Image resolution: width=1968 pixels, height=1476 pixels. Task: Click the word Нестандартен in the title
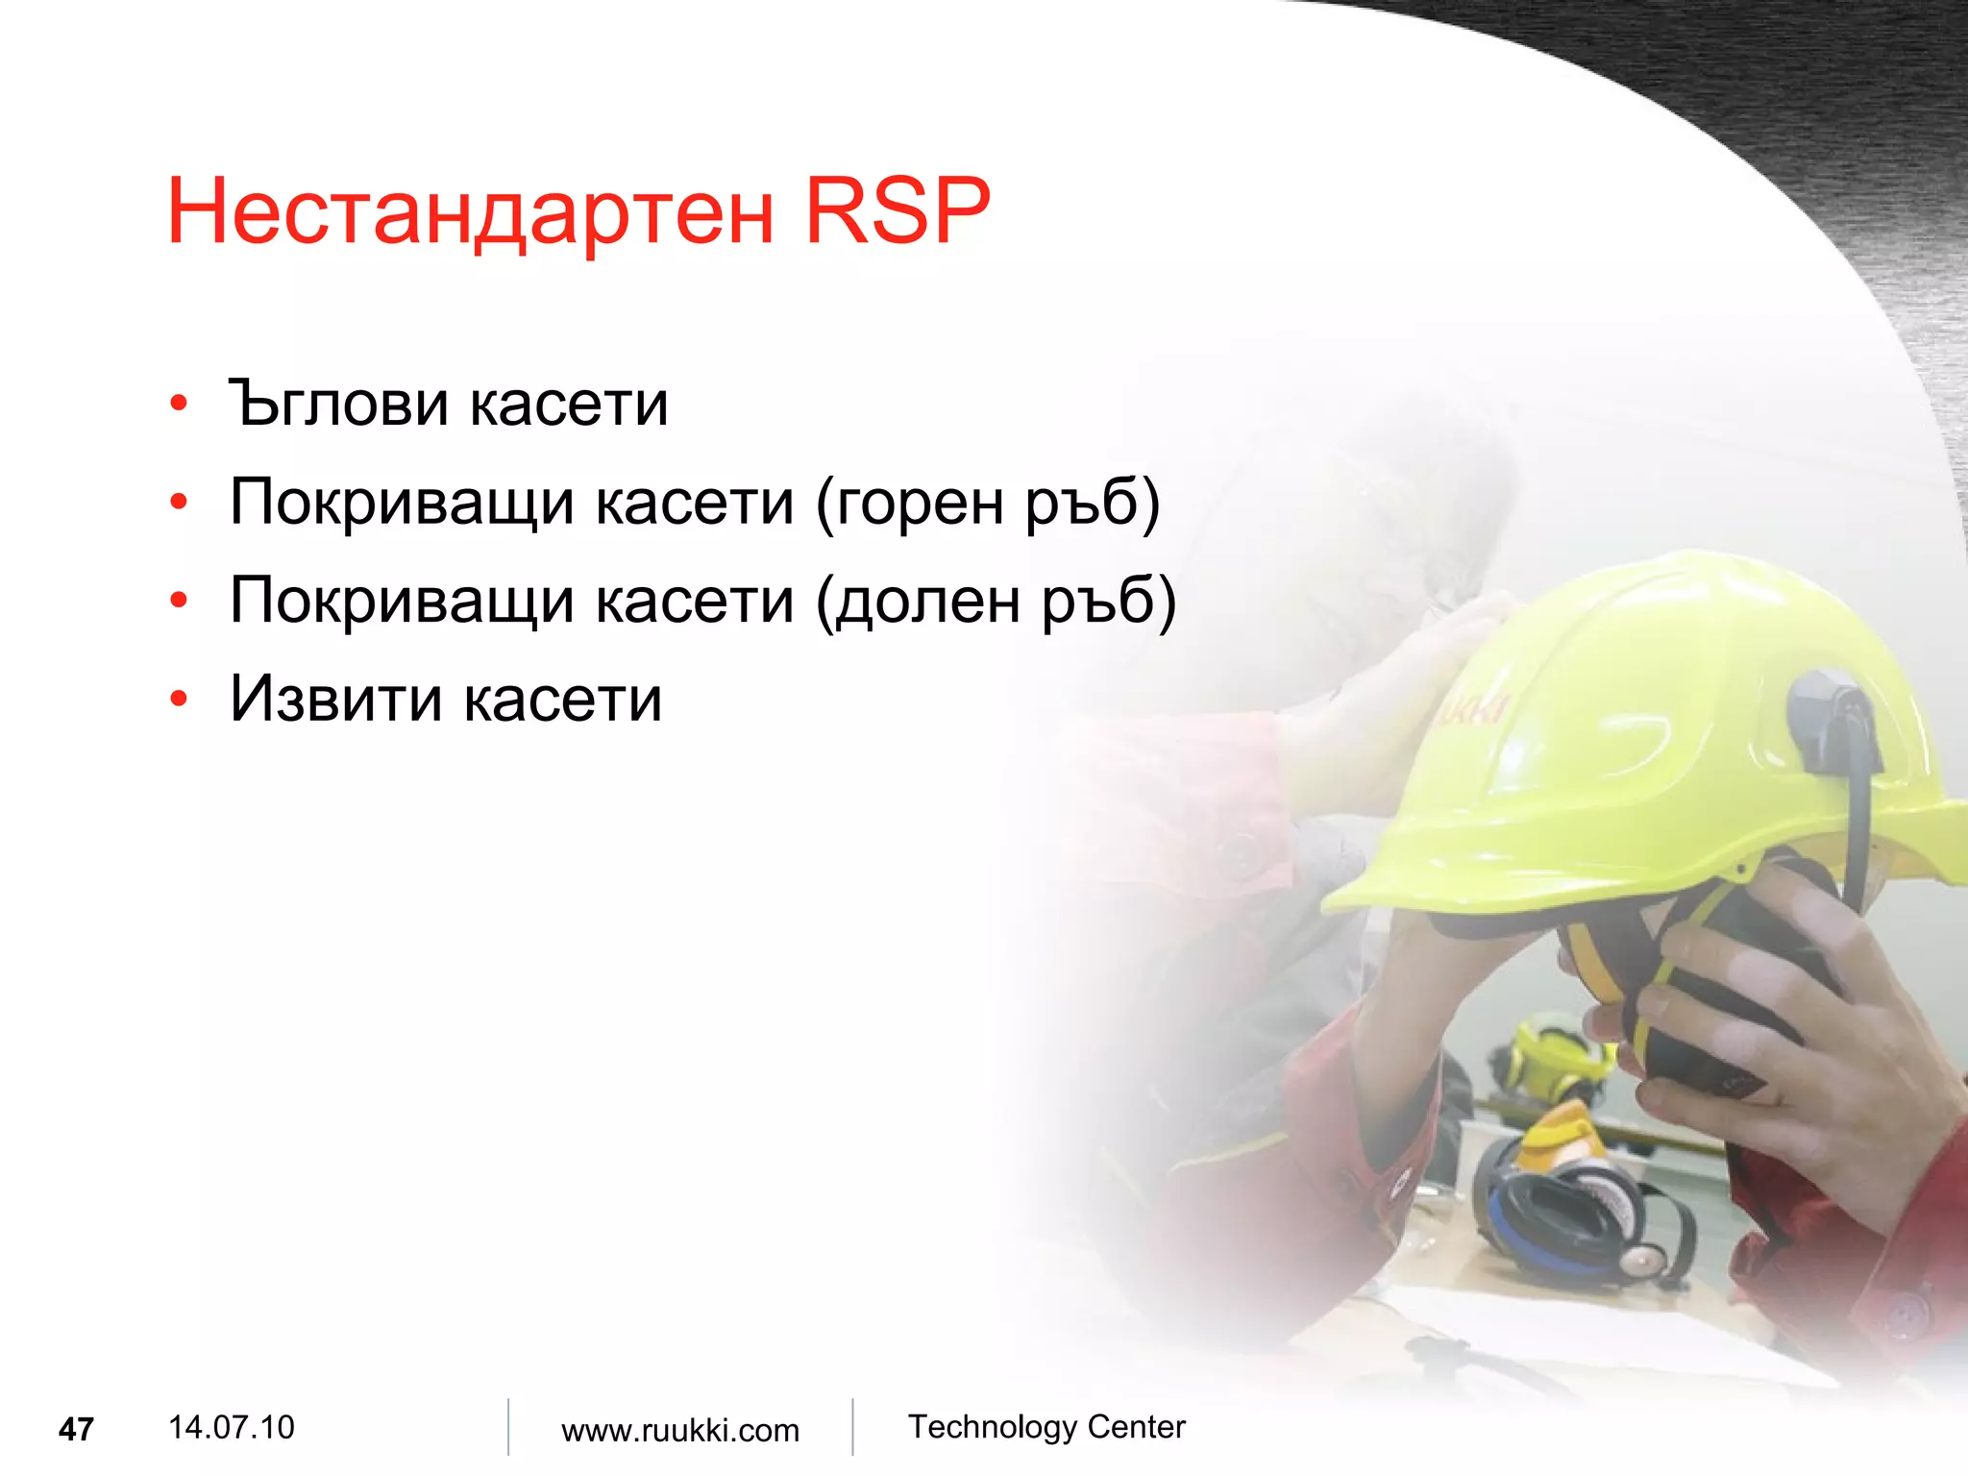click(471, 212)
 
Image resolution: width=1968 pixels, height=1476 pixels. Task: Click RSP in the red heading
click(896, 210)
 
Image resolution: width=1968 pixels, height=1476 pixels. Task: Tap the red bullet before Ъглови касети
click(179, 404)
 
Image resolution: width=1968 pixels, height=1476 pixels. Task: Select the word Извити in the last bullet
click(337, 699)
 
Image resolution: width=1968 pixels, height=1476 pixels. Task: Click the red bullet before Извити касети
click(179, 699)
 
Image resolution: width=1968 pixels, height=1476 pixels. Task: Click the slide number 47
click(76, 1430)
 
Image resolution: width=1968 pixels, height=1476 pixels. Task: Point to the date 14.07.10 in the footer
click(231, 1427)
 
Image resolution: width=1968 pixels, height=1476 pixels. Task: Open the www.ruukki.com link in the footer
click(679, 1430)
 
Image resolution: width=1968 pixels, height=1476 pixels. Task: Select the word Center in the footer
click(1136, 1427)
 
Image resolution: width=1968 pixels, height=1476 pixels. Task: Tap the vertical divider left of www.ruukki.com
click(508, 1427)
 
